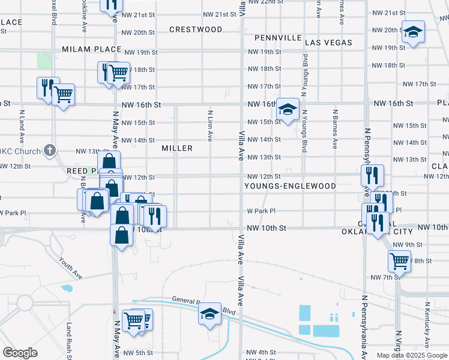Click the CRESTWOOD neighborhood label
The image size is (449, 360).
pos(196,29)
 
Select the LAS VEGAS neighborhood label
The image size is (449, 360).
pos(328,43)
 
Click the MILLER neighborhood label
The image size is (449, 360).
pos(177,148)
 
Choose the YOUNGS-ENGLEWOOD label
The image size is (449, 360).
pos(290,186)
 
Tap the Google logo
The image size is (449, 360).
pos(20,353)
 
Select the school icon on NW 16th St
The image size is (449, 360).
pos(288,110)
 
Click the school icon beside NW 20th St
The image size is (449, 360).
pos(413,32)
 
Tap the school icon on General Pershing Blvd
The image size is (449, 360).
pos(210,314)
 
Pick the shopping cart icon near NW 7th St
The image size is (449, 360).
pos(399,260)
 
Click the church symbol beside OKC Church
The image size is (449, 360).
pos(50,150)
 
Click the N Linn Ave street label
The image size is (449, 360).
pos(210,125)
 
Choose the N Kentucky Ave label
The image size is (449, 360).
pos(427,333)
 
